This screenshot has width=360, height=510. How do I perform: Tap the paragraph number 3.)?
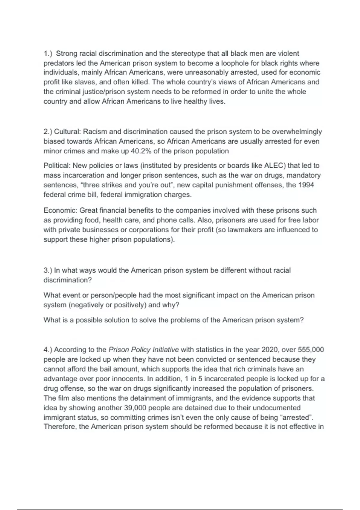coord(48,270)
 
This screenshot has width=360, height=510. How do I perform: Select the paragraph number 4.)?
coord(48,350)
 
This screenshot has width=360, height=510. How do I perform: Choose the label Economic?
coord(60,211)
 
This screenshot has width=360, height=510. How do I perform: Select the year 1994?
coord(306,185)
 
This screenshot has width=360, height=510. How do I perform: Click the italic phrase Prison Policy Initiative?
coord(143,350)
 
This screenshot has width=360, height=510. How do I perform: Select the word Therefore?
coord(60,427)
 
